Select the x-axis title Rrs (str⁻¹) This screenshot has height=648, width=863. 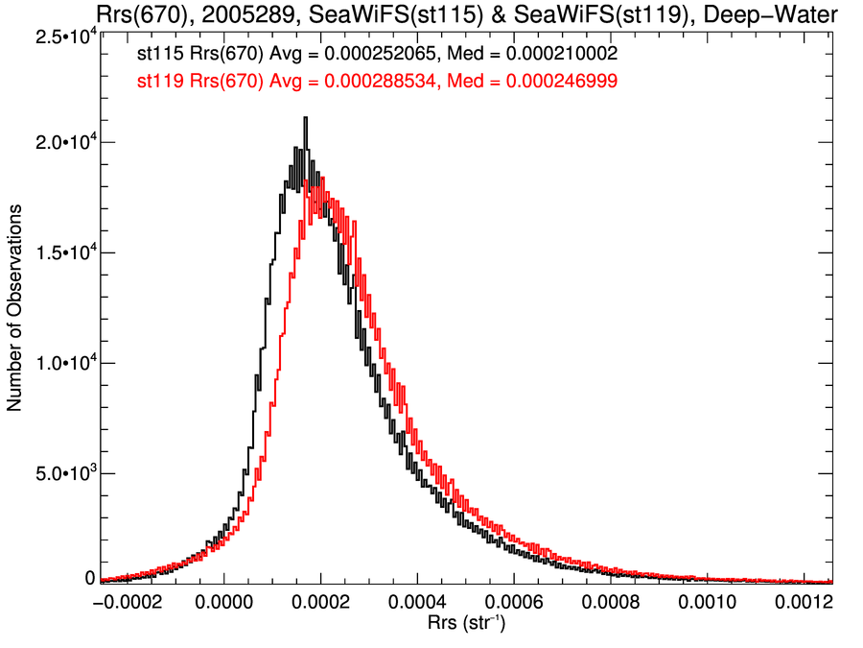(465, 625)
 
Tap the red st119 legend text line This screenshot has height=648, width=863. (377, 83)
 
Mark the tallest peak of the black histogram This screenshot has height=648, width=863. (305, 119)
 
